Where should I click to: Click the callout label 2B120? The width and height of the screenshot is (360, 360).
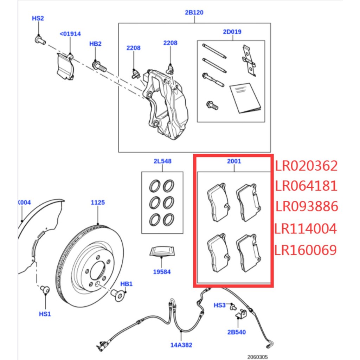point(194,13)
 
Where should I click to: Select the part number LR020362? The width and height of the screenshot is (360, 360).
point(306,166)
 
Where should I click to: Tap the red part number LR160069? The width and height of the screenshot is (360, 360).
point(306,250)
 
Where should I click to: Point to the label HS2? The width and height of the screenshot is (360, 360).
point(38,18)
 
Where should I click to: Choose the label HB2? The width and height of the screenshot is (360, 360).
point(95,44)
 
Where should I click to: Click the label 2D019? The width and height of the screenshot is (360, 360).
point(232,32)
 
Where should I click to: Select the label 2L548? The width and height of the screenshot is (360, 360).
point(162,161)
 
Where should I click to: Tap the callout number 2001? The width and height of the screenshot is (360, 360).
point(234,161)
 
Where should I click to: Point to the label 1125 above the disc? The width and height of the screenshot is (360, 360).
point(97,202)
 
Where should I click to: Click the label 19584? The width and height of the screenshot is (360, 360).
point(161,272)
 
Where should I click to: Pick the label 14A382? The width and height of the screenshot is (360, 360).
point(181,345)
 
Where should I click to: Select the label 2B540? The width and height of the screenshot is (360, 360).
point(237,332)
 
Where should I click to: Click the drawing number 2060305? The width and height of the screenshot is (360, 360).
point(257,356)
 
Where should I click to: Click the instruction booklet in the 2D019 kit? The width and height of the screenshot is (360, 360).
point(245,98)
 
